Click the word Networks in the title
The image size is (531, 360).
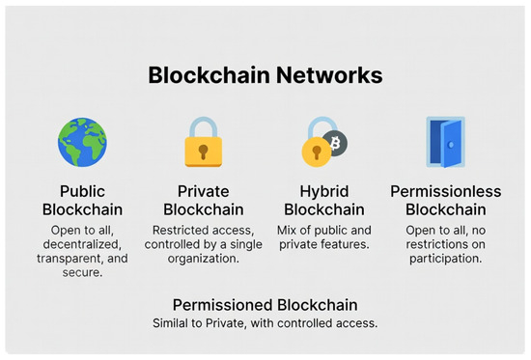pos(329,75)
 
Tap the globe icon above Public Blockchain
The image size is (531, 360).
pos(82,142)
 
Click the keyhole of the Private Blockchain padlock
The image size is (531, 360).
pos(203,152)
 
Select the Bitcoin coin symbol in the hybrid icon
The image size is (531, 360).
pos(335,143)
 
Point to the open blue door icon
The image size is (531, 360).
pos(446,142)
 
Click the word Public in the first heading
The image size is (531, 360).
pos(82,191)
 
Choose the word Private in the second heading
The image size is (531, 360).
pos(203,191)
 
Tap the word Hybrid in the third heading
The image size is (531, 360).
pos(324,192)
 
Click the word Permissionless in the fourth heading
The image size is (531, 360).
pos(446,191)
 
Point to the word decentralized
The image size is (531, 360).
pos(82,244)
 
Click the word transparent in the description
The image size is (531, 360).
pos(70,259)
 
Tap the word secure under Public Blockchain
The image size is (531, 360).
pos(82,272)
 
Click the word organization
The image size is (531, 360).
pos(203,259)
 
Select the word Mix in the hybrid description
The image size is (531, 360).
pos(287,231)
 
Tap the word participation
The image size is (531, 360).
pos(446,259)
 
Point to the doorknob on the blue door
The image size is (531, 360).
pos(451,145)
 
